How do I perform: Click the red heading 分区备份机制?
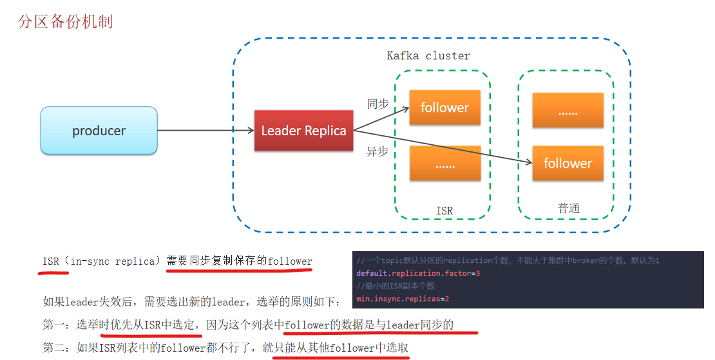(65, 21)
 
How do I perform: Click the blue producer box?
(99, 130)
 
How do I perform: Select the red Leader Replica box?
(303, 130)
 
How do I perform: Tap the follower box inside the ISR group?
(444, 108)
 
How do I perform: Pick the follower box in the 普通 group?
(567, 163)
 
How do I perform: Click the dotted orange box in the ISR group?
(444, 163)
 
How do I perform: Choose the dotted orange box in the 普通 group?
(567, 110)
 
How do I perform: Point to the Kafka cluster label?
(428, 55)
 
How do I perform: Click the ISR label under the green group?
(444, 211)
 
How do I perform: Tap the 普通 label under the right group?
(569, 208)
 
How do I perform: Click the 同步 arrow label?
(378, 104)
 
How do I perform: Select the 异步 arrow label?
(377, 151)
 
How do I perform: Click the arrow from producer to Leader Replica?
(205, 130)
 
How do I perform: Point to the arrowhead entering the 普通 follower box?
(529, 162)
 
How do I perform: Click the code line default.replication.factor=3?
(418, 274)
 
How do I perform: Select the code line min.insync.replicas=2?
(403, 299)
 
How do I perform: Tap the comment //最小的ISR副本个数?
(396, 286)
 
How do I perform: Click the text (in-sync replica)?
(113, 261)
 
